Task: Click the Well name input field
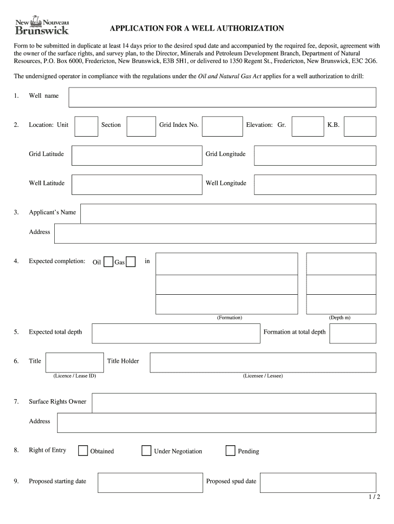(223, 97)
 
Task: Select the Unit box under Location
(86, 126)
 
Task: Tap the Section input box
(141, 126)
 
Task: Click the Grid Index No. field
(222, 126)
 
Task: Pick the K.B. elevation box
(360, 126)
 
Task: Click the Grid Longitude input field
(315, 156)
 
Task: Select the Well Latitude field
(135, 185)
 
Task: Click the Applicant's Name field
(228, 214)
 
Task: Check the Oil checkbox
(108, 262)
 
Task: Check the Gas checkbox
(130, 262)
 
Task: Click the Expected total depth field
(176, 333)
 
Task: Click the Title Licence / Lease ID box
(74, 362)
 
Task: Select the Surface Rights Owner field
(234, 403)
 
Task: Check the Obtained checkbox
(83, 451)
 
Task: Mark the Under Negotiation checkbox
(146, 451)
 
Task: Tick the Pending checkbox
(230, 451)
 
